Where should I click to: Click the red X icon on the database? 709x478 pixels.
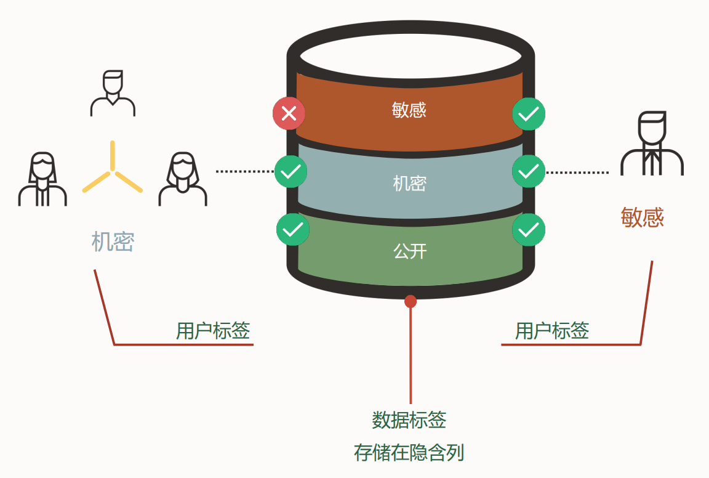click(289, 114)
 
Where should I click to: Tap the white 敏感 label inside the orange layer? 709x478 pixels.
click(409, 110)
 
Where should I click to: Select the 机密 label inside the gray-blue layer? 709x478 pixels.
click(409, 184)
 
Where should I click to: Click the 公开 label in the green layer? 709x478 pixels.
click(410, 251)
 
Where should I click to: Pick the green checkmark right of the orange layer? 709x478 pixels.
click(529, 114)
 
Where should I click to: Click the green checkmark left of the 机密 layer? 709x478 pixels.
click(290, 172)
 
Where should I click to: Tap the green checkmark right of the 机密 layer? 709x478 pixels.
click(529, 171)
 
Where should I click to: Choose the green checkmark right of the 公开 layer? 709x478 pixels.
click(529, 230)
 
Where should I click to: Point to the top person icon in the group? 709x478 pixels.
click(113, 94)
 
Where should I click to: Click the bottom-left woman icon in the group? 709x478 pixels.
click(42, 179)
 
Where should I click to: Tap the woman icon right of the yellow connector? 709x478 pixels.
click(183, 179)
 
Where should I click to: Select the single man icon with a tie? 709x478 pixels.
click(652, 144)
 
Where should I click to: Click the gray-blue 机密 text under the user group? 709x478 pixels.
click(113, 242)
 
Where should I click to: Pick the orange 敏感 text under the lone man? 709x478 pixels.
click(643, 217)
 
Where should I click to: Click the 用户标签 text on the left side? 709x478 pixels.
click(213, 331)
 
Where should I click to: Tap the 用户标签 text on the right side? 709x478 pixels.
click(552, 331)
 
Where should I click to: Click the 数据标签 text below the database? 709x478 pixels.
click(409, 420)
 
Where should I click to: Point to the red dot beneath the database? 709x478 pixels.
click(411, 301)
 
